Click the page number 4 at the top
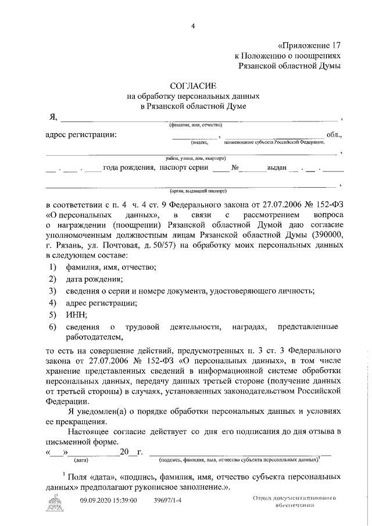192,24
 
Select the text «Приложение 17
309,45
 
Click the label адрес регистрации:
81,135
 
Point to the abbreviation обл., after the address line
335,135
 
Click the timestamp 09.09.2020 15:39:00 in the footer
108,500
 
